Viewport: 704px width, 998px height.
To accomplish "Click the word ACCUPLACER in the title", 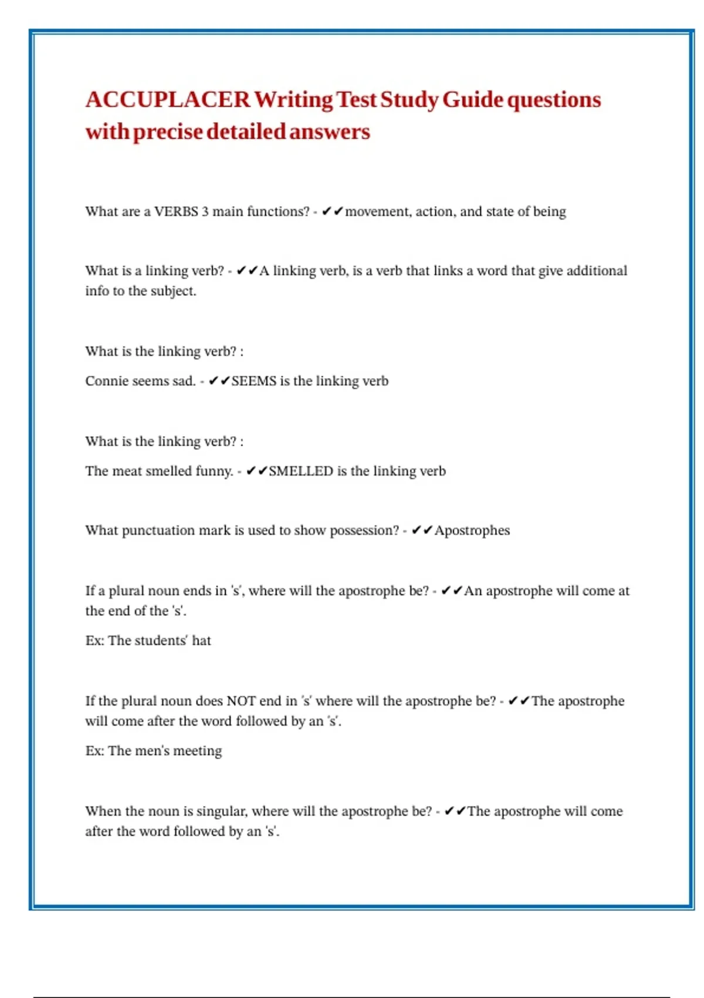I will tap(168, 100).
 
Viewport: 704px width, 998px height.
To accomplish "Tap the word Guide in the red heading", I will tap(473, 100).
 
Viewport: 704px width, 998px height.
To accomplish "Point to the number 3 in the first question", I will tap(205, 211).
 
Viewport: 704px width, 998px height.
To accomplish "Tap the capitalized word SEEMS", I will tap(253, 381).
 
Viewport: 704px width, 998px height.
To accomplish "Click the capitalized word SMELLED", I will tap(301, 471).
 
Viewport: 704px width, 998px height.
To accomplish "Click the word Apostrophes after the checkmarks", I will tap(472, 530).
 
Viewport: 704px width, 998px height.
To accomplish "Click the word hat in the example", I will tap(201, 640).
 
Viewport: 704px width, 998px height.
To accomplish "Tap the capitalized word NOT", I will tap(241, 701).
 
